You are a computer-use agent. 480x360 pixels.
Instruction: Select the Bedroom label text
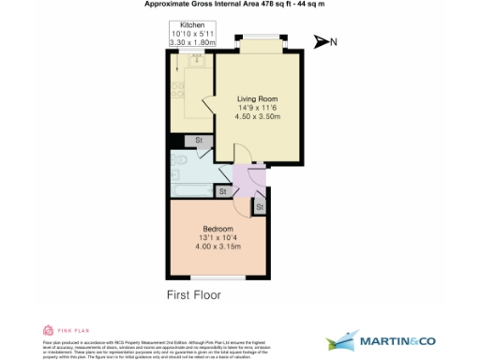tap(218, 228)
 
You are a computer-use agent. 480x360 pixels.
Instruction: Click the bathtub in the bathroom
tap(192, 191)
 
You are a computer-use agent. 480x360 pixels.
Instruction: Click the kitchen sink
tap(198, 61)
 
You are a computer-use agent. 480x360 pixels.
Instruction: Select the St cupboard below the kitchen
tap(199, 141)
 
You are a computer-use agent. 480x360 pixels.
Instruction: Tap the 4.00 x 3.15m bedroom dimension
tap(218, 247)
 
